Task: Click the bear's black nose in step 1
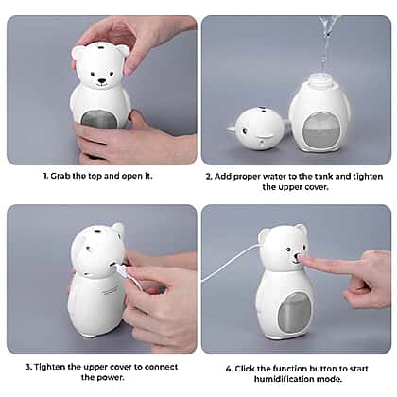pyautogui.click(x=101, y=80)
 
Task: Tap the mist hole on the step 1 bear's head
pyautogui.click(x=101, y=47)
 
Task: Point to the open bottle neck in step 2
pyautogui.click(x=320, y=78)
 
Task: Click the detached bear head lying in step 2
pyautogui.click(x=260, y=128)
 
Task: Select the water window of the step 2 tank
pyautogui.click(x=321, y=129)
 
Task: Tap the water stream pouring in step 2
pyautogui.click(x=327, y=44)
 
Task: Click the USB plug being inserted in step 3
pyautogui.click(x=121, y=269)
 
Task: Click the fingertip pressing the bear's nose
pyautogui.click(x=302, y=258)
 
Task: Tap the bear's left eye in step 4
pyautogui.click(x=288, y=250)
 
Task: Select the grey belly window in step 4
pyautogui.click(x=294, y=311)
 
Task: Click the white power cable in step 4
pyautogui.click(x=229, y=264)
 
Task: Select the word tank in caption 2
pyautogui.click(x=323, y=177)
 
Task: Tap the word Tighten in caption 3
pyautogui.click(x=50, y=367)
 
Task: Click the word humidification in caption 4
pyautogui.click(x=283, y=379)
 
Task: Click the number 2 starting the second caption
pyautogui.click(x=208, y=177)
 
